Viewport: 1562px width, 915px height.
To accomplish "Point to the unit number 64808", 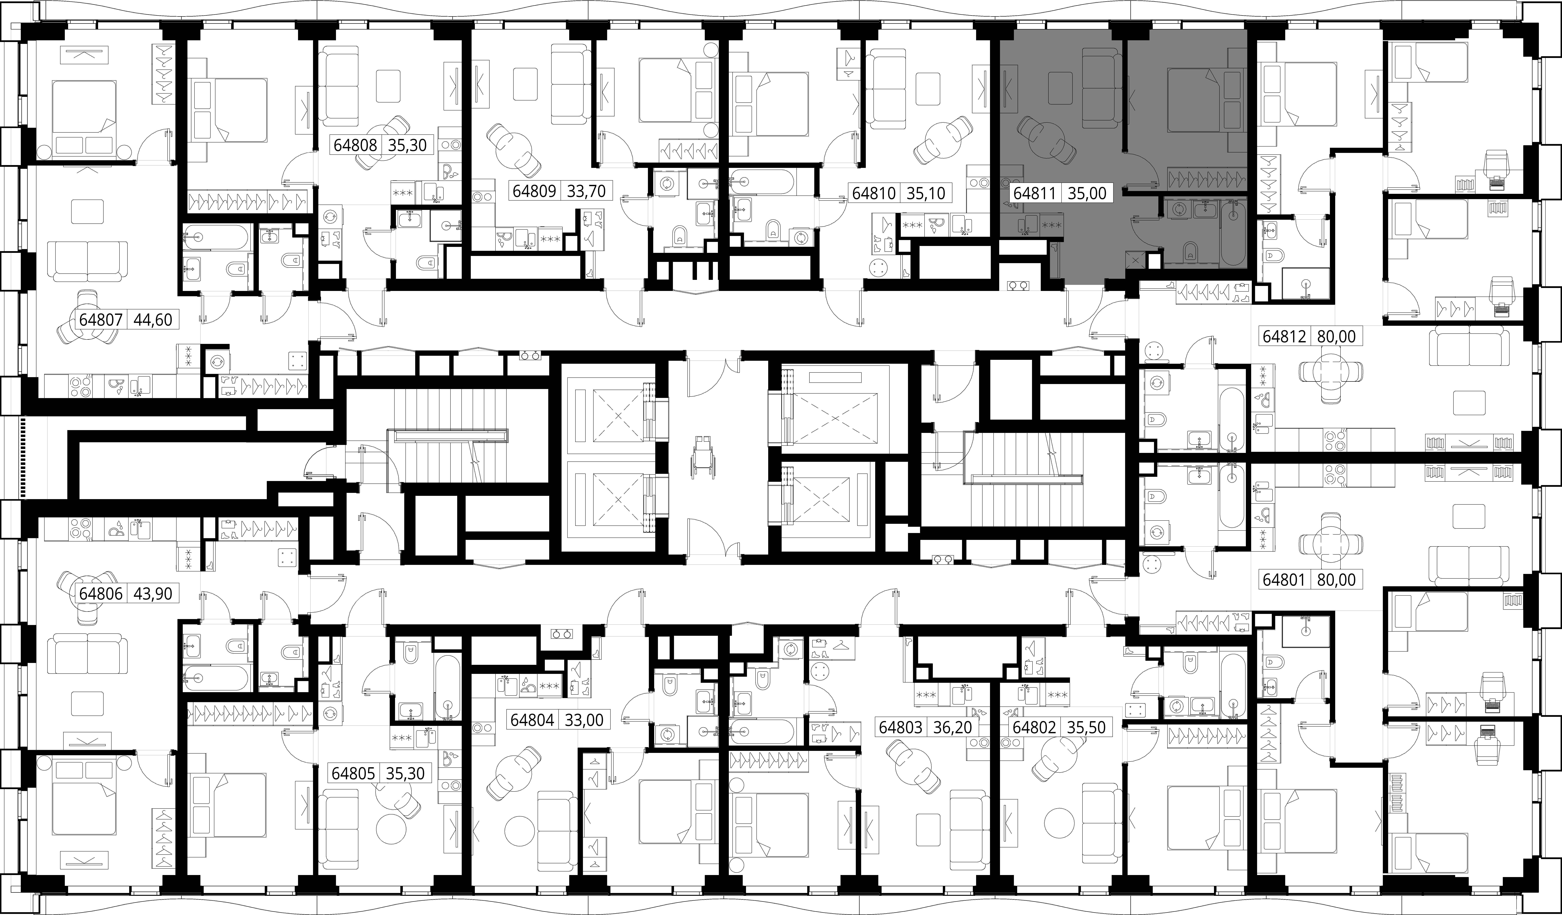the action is click(x=355, y=145).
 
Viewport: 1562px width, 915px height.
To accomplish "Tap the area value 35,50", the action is click(x=1086, y=727).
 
